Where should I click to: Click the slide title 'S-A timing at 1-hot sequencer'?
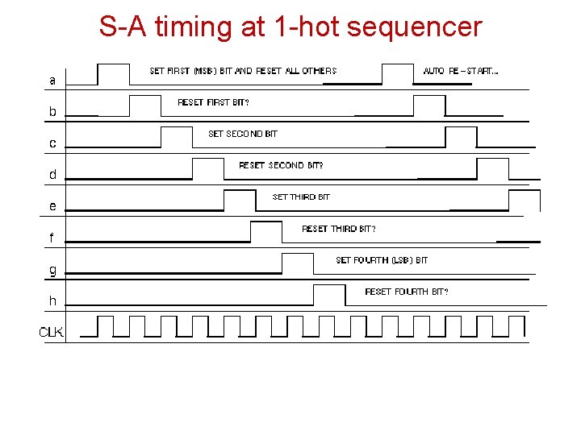click(x=290, y=27)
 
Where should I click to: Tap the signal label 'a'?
click(x=52, y=81)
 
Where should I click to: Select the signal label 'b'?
click(x=52, y=112)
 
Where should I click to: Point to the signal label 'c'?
click(x=52, y=143)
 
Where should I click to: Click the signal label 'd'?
click(x=52, y=174)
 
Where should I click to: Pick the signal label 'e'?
click(x=52, y=206)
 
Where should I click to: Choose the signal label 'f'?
click(x=52, y=238)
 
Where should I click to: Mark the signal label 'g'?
click(x=52, y=269)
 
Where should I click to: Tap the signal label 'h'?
click(x=52, y=300)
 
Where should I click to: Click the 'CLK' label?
click(x=52, y=331)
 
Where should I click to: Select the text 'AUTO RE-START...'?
click(x=461, y=71)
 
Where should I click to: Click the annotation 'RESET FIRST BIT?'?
click(x=213, y=102)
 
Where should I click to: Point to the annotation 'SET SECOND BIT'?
click(x=242, y=134)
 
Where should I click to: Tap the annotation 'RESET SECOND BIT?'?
click(x=281, y=165)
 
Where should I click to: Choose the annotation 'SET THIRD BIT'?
click(x=301, y=197)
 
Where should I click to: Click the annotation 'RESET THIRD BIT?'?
click(x=338, y=229)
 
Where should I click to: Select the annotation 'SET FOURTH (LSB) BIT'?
click(x=382, y=260)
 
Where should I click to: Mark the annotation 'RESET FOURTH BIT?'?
click(x=407, y=292)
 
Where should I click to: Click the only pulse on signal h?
click(x=328, y=295)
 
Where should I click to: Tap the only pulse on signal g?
click(x=297, y=263)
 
